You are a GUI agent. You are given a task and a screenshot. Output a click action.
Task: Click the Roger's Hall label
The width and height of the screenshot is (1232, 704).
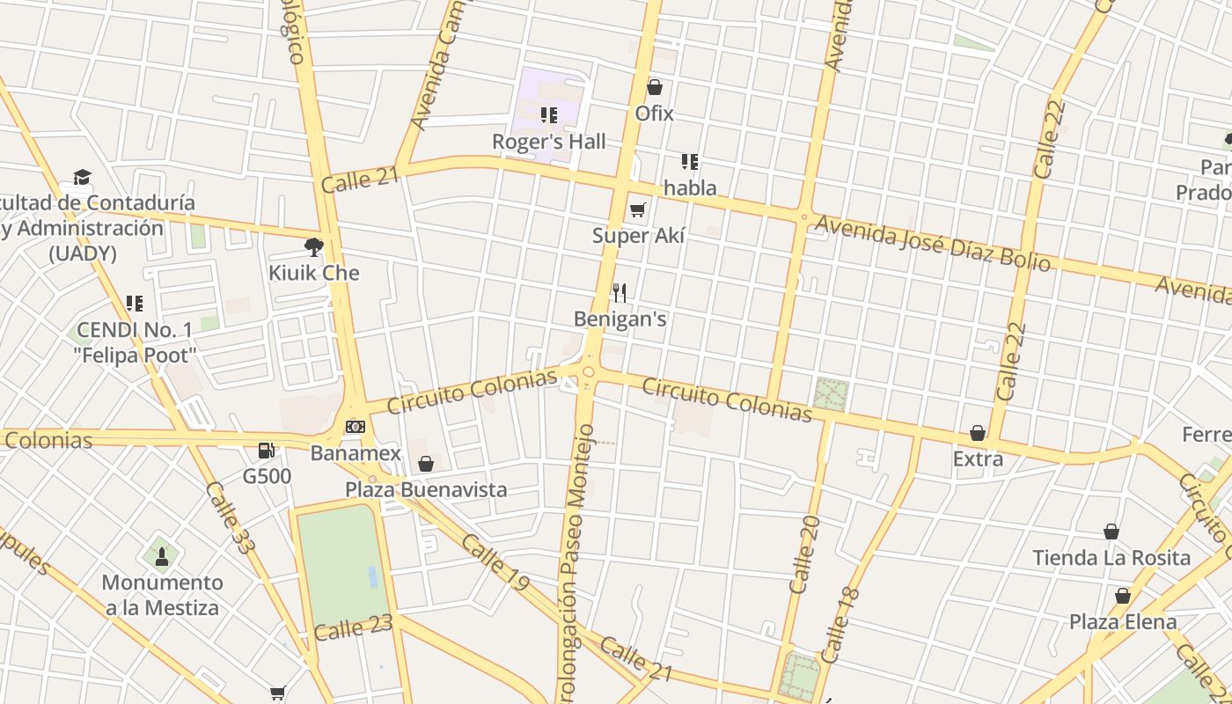point(548,142)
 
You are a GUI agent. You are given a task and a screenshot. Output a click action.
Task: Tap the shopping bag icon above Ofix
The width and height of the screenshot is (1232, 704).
point(654,87)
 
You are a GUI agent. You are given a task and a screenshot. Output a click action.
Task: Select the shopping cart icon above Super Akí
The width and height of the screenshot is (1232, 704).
point(638,209)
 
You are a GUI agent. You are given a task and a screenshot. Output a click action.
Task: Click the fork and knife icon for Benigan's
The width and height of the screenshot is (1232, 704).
point(620,292)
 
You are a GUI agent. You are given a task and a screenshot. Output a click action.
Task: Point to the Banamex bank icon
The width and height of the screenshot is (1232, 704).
point(355,427)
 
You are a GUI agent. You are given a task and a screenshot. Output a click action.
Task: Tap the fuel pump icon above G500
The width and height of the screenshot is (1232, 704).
point(266,451)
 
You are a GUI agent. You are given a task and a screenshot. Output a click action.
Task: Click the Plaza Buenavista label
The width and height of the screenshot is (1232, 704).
point(426,489)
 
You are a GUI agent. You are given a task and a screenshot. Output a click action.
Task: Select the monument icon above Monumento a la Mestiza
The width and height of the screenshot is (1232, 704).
point(161,556)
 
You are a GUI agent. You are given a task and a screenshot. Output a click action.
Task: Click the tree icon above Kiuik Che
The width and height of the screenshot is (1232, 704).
point(313,246)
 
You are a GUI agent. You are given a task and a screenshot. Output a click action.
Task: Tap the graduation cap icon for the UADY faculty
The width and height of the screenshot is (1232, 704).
point(82,177)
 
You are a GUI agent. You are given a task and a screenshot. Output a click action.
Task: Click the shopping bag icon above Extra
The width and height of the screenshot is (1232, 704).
point(977,433)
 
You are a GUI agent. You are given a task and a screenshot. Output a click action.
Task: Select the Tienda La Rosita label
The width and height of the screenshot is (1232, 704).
point(1111,558)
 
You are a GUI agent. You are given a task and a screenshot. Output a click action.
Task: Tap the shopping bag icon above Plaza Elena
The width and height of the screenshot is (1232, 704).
point(1122,596)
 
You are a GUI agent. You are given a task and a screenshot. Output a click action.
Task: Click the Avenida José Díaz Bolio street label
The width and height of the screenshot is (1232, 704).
point(932,243)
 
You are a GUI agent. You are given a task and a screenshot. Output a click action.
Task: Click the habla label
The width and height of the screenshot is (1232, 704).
point(690,187)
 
